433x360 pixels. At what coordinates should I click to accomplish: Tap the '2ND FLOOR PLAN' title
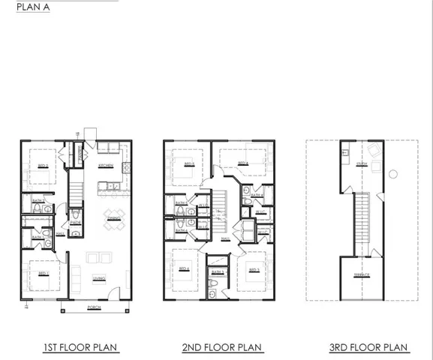[x=222, y=347]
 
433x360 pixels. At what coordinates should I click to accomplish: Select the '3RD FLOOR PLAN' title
[x=368, y=347]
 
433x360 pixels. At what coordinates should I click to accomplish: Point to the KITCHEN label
[x=106, y=166]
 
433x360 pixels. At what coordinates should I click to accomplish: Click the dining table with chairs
[x=111, y=216]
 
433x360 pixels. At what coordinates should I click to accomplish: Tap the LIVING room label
[x=99, y=277]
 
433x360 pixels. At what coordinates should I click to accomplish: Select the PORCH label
[x=95, y=307]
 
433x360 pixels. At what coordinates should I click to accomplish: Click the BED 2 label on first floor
[x=44, y=165]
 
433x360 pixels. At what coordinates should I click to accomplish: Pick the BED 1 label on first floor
[x=44, y=271]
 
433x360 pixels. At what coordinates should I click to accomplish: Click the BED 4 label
[x=242, y=163]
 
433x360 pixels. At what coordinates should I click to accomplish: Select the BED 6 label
[x=185, y=268]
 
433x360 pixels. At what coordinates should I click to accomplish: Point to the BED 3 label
[x=254, y=268]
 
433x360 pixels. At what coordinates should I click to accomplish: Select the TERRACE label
[x=362, y=274]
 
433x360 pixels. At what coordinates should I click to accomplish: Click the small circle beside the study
[x=393, y=174]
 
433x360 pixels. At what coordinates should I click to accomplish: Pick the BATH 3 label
[x=217, y=271]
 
